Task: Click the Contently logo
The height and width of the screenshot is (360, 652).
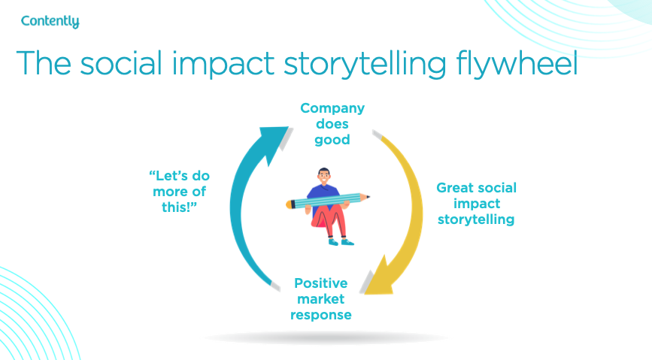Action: (50, 21)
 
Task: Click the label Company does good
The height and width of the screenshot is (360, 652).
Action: (332, 124)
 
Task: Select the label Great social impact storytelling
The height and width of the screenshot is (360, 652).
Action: (477, 204)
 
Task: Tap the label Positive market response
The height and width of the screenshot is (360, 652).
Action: (322, 299)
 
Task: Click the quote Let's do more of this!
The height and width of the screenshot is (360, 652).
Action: (177, 191)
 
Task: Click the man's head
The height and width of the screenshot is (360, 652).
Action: (324, 177)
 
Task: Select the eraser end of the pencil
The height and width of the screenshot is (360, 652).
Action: (290, 203)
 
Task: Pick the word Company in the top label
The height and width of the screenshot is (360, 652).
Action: (332, 108)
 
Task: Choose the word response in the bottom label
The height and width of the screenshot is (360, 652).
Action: (322, 315)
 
